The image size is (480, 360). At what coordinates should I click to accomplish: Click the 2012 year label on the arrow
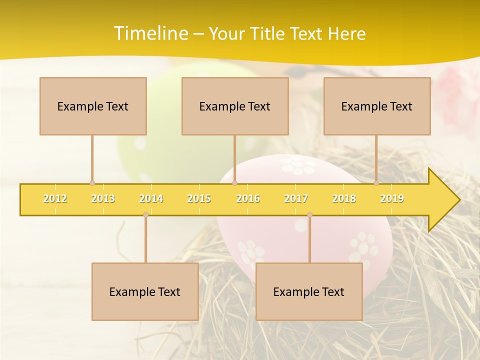pos(55,198)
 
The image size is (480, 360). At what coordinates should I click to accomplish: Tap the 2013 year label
pos(103,198)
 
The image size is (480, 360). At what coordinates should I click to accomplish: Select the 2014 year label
pos(151,198)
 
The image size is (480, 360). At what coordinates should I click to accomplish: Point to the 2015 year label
pos(199,198)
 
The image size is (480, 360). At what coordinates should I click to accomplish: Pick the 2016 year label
pos(248,198)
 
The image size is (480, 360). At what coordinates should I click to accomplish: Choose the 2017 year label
pos(296,198)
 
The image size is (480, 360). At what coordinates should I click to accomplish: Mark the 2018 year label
pos(344,198)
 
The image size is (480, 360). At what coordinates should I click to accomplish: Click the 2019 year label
pos(392,198)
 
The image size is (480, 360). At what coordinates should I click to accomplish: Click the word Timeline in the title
pos(150,33)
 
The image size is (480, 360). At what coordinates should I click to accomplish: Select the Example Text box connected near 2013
pos(93,106)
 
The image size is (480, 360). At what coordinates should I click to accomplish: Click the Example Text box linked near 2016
pos(235,106)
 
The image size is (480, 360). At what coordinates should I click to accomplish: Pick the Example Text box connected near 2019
pos(377,106)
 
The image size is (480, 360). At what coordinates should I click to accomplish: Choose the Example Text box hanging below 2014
pos(145,291)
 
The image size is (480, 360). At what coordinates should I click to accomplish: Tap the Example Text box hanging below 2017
pos(309,291)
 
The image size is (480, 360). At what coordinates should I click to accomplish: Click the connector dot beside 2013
pos(92,183)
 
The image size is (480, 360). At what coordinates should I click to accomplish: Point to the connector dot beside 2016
pos(235,183)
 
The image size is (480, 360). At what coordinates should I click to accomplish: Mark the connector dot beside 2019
pos(376,183)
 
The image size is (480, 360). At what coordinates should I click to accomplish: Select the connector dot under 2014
pos(145,215)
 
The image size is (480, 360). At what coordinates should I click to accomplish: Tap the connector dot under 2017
pos(309,215)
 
